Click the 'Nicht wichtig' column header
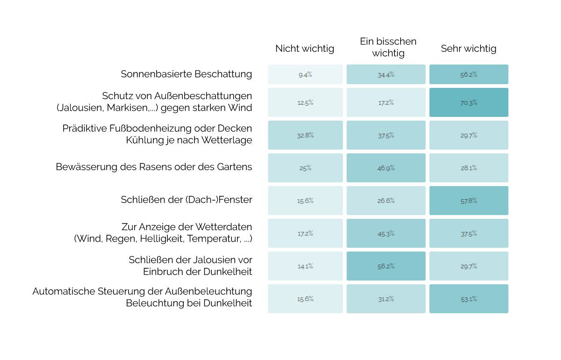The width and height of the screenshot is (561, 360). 305,49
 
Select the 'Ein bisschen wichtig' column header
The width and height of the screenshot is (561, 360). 388,47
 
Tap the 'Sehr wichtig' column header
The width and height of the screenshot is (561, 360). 468,49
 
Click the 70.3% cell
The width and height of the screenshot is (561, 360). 468,102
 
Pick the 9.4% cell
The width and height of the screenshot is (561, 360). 305,74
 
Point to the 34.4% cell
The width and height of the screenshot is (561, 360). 386,74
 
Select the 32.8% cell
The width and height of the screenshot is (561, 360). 305,135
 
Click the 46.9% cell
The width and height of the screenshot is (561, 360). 386,168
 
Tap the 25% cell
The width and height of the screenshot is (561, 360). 305,168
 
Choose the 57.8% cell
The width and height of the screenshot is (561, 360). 468,201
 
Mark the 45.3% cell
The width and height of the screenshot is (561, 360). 386,233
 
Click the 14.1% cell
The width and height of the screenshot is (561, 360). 305,266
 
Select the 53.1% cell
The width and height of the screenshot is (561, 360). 468,299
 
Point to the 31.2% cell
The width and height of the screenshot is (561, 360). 386,299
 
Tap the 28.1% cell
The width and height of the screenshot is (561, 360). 468,168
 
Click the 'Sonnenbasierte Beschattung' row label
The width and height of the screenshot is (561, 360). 186,74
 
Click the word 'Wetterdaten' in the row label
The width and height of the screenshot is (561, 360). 226,227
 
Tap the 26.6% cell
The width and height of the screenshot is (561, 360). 386,201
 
